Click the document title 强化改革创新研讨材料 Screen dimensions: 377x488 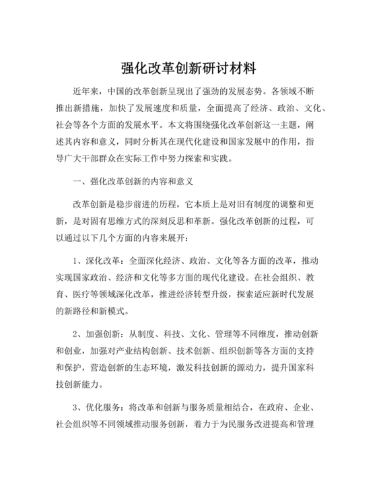click(x=188, y=69)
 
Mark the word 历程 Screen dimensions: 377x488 click(x=160, y=205)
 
